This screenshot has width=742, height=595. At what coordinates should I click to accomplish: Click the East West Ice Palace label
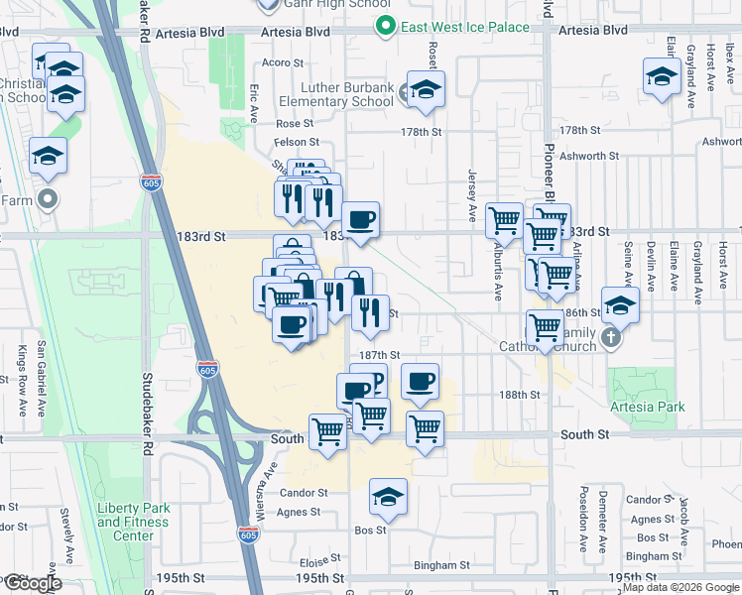pos(466,27)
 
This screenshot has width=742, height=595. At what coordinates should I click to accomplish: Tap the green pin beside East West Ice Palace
pos(392,27)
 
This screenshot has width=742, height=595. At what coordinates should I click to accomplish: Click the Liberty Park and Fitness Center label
pos(133,522)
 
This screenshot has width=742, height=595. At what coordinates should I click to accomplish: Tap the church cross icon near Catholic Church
pos(610,337)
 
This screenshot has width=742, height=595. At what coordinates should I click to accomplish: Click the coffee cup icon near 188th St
pos(420,381)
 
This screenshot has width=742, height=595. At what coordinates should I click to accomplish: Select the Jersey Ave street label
pos(472,193)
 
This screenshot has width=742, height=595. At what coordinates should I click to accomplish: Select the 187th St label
pos(379,355)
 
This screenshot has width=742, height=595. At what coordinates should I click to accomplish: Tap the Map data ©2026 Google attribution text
pos(680,587)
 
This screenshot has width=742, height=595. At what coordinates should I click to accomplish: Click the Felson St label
pos(296,142)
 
